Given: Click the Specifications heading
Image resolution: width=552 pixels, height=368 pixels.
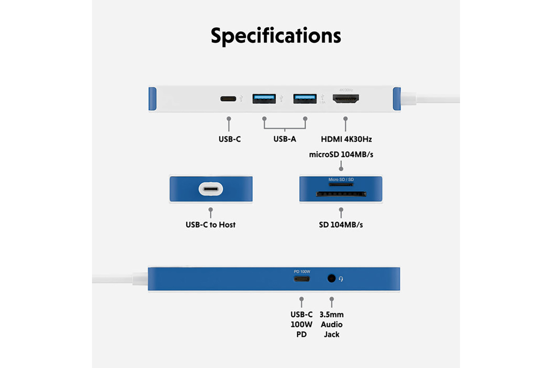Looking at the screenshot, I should pyautogui.click(x=276, y=36).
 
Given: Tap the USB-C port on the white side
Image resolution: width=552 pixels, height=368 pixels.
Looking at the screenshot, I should pyautogui.click(x=228, y=99).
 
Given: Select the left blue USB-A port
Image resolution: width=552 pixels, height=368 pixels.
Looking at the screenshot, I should pyautogui.click(x=264, y=99).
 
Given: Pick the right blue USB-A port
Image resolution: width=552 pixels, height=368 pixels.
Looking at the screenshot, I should pyautogui.click(x=305, y=99).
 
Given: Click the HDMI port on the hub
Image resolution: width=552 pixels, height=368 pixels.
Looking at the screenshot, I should pyautogui.click(x=346, y=98).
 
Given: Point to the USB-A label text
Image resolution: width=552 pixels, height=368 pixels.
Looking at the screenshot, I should pyautogui.click(x=284, y=139).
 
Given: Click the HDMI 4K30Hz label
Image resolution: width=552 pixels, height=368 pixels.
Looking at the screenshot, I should pyautogui.click(x=346, y=139).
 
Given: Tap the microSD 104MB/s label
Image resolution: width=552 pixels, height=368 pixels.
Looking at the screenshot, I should pyautogui.click(x=341, y=155).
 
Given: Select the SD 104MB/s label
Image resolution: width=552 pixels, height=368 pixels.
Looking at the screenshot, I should pyautogui.click(x=341, y=224).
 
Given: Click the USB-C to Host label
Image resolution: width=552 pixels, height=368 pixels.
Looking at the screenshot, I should pyautogui.click(x=210, y=224).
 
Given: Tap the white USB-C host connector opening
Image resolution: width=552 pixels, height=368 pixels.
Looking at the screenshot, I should pyautogui.click(x=211, y=189).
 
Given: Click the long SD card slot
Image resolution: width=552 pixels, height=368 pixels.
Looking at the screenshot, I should pyautogui.click(x=341, y=194).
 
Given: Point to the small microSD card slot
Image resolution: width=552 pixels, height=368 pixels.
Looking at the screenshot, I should pyautogui.click(x=341, y=184).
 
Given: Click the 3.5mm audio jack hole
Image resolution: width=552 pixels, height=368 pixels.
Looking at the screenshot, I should pyautogui.click(x=331, y=279).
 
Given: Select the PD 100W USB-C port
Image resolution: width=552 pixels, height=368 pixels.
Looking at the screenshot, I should pyautogui.click(x=302, y=279).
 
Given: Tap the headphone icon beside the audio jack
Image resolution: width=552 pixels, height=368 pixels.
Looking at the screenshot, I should pyautogui.click(x=341, y=279).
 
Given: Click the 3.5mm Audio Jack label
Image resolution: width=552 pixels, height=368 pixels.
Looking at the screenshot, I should pyautogui.click(x=332, y=325).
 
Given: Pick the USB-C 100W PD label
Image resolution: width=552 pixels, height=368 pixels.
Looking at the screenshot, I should pyautogui.click(x=301, y=325).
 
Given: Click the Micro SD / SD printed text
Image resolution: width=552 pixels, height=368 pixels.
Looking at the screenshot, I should pyautogui.click(x=341, y=180).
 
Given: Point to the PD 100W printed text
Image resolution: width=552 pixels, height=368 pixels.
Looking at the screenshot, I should pyautogui.click(x=302, y=272).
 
